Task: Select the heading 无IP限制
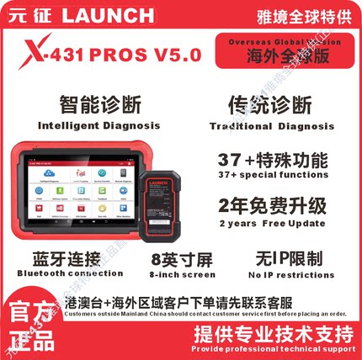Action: [x=287, y=257]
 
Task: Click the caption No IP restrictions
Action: [x=287, y=274]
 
